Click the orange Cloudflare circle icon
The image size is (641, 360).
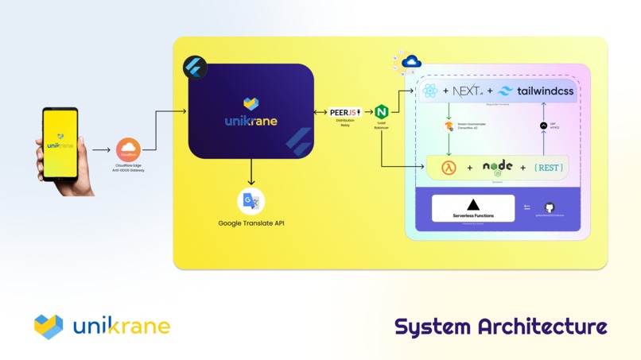[x=128, y=149]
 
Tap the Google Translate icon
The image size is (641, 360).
[x=251, y=201]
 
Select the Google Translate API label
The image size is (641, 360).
[x=251, y=223]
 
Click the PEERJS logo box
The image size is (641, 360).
[x=345, y=113]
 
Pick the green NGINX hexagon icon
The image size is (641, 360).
[x=381, y=112]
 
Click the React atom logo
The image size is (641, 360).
[x=430, y=91]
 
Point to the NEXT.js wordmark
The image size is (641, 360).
[x=468, y=91]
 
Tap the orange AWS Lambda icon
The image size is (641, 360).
[x=449, y=168]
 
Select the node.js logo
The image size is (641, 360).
[x=498, y=167]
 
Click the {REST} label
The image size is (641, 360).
[x=549, y=168]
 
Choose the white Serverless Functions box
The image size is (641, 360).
[x=473, y=208]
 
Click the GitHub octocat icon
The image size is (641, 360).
[x=549, y=207]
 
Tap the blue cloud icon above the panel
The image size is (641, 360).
[x=411, y=62]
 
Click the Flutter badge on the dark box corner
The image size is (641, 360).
[x=194, y=67]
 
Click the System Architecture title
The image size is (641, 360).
[x=501, y=327]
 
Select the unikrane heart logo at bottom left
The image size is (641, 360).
[x=49, y=326]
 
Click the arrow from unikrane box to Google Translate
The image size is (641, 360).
[x=251, y=172]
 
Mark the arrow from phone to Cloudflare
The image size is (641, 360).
[x=101, y=149]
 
